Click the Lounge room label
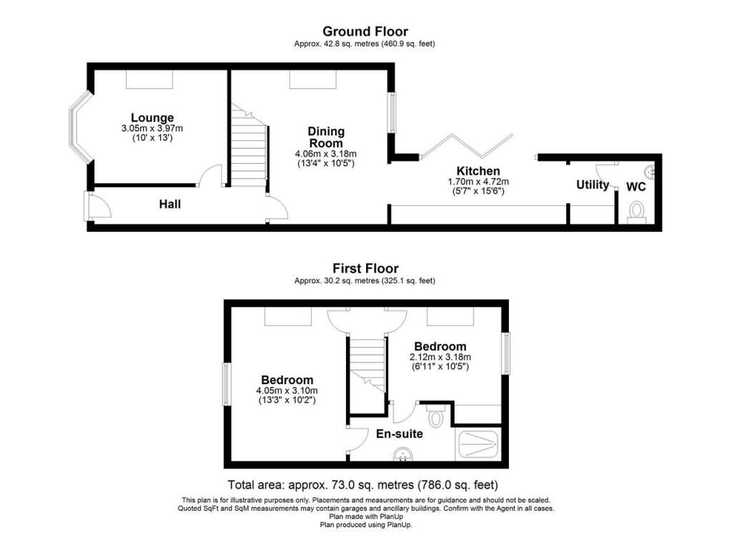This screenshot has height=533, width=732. point(152,118)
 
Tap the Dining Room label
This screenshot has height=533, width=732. point(326,137)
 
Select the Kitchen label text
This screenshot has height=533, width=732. point(478,171)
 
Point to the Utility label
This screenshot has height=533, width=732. point(593,185)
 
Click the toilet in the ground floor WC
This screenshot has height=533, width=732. point(636,211)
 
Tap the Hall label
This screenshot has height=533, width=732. point(170,204)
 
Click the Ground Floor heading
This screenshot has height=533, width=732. point(365,31)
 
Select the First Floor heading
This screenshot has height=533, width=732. point(365,268)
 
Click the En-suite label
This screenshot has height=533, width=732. point(400,434)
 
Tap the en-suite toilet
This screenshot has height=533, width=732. point(435,416)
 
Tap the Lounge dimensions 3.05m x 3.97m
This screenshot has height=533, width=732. point(152,129)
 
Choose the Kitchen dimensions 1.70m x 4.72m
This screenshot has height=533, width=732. point(478,182)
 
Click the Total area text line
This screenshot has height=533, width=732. point(362,484)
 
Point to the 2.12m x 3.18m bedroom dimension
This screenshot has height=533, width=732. point(440,357)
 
